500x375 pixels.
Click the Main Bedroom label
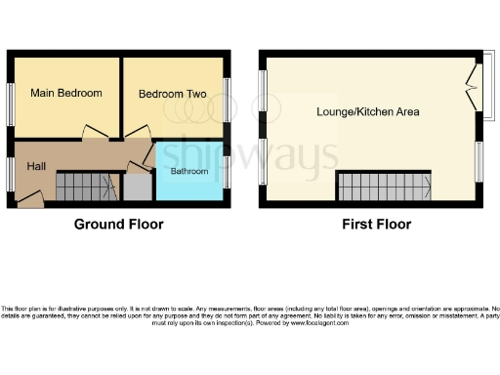(66, 94)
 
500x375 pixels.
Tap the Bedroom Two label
(172, 95)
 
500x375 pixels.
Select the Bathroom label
(189, 172)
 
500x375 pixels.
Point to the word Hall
(37, 167)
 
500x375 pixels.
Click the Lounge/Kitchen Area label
(368, 111)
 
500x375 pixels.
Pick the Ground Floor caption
(119, 225)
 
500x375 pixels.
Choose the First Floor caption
(376, 225)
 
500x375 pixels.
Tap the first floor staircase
(385, 186)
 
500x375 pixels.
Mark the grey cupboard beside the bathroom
(137, 187)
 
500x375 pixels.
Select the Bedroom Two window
(229, 101)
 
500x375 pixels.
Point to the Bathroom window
(229, 171)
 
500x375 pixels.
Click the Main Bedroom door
(94, 134)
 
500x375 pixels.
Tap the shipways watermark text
(248, 155)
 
